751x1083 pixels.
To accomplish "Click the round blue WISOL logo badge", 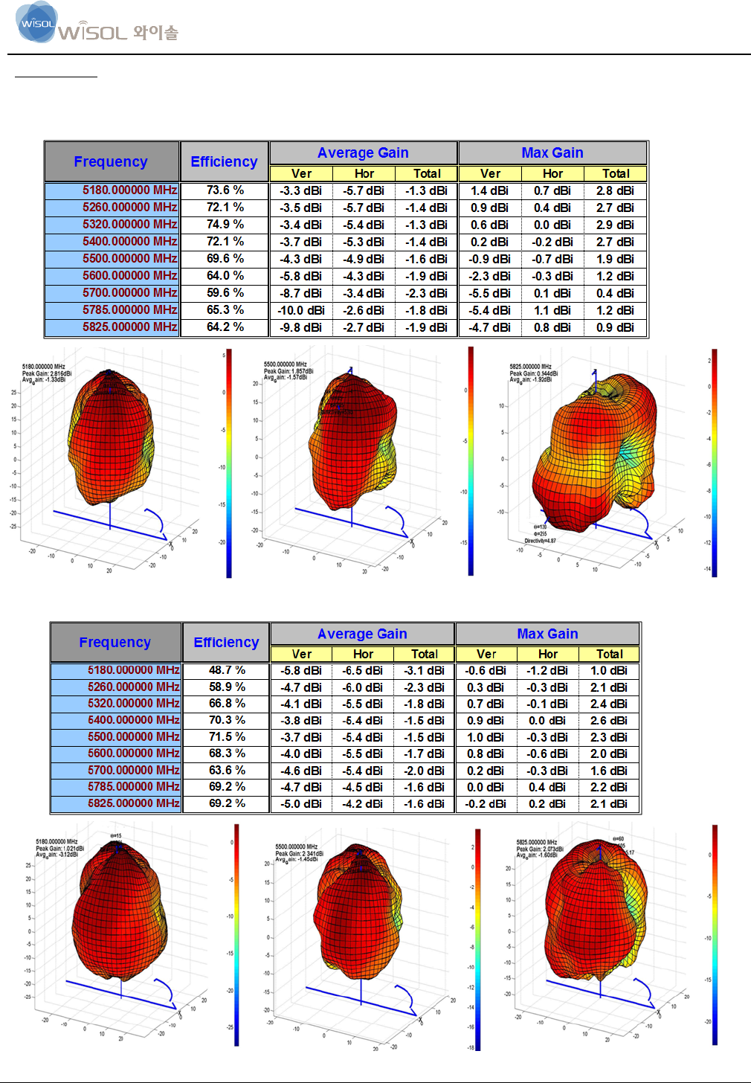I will (x=36, y=22).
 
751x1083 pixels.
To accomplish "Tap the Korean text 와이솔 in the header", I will (x=156, y=33).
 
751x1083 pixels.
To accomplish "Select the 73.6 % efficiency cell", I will (x=225, y=190).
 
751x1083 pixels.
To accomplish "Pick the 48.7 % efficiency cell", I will (x=227, y=670).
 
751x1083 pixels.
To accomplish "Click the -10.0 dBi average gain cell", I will (x=301, y=310).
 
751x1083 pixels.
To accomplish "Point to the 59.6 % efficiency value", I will (x=225, y=293).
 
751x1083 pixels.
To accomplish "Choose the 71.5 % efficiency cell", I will (x=227, y=737).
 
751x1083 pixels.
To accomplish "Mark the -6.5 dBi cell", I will (x=363, y=670).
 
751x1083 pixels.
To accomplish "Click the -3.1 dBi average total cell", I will (x=425, y=670).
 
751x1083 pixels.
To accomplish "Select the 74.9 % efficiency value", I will (x=225, y=225).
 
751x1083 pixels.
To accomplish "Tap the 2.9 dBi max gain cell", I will (x=615, y=225).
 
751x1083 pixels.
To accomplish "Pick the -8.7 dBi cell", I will (x=301, y=293).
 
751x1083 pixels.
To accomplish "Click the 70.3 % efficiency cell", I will (x=227, y=720).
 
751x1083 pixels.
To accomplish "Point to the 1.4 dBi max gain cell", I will (x=489, y=190).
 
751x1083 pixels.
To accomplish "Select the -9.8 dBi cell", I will (x=301, y=327).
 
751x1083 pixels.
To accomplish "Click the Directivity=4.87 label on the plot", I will (x=541, y=541).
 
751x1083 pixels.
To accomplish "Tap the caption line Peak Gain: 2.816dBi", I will (x=47, y=373).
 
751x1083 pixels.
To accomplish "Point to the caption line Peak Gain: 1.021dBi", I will (x=60, y=848).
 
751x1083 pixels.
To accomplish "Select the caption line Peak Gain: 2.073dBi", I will (x=541, y=849).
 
